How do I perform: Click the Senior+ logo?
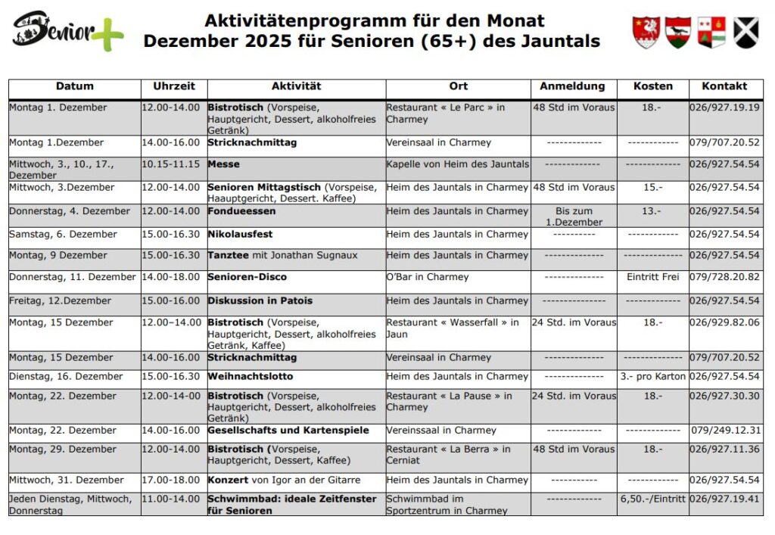coord(67,31)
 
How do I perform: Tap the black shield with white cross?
coord(746,33)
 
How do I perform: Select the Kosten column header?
coord(652,86)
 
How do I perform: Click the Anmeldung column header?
coord(573,86)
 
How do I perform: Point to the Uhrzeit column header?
coord(174,86)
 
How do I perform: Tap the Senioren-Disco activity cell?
coord(247,277)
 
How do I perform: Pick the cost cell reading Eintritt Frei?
coord(652,277)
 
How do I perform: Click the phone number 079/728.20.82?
coord(724,277)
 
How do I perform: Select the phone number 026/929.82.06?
coord(724,322)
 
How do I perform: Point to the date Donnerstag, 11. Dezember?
coord(73,277)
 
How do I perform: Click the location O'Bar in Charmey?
coord(428,277)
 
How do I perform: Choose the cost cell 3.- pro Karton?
coord(652,376)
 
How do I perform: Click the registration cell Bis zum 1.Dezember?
coord(574,216)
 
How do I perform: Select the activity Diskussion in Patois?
coord(260,300)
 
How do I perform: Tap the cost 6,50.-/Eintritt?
coord(652,499)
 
